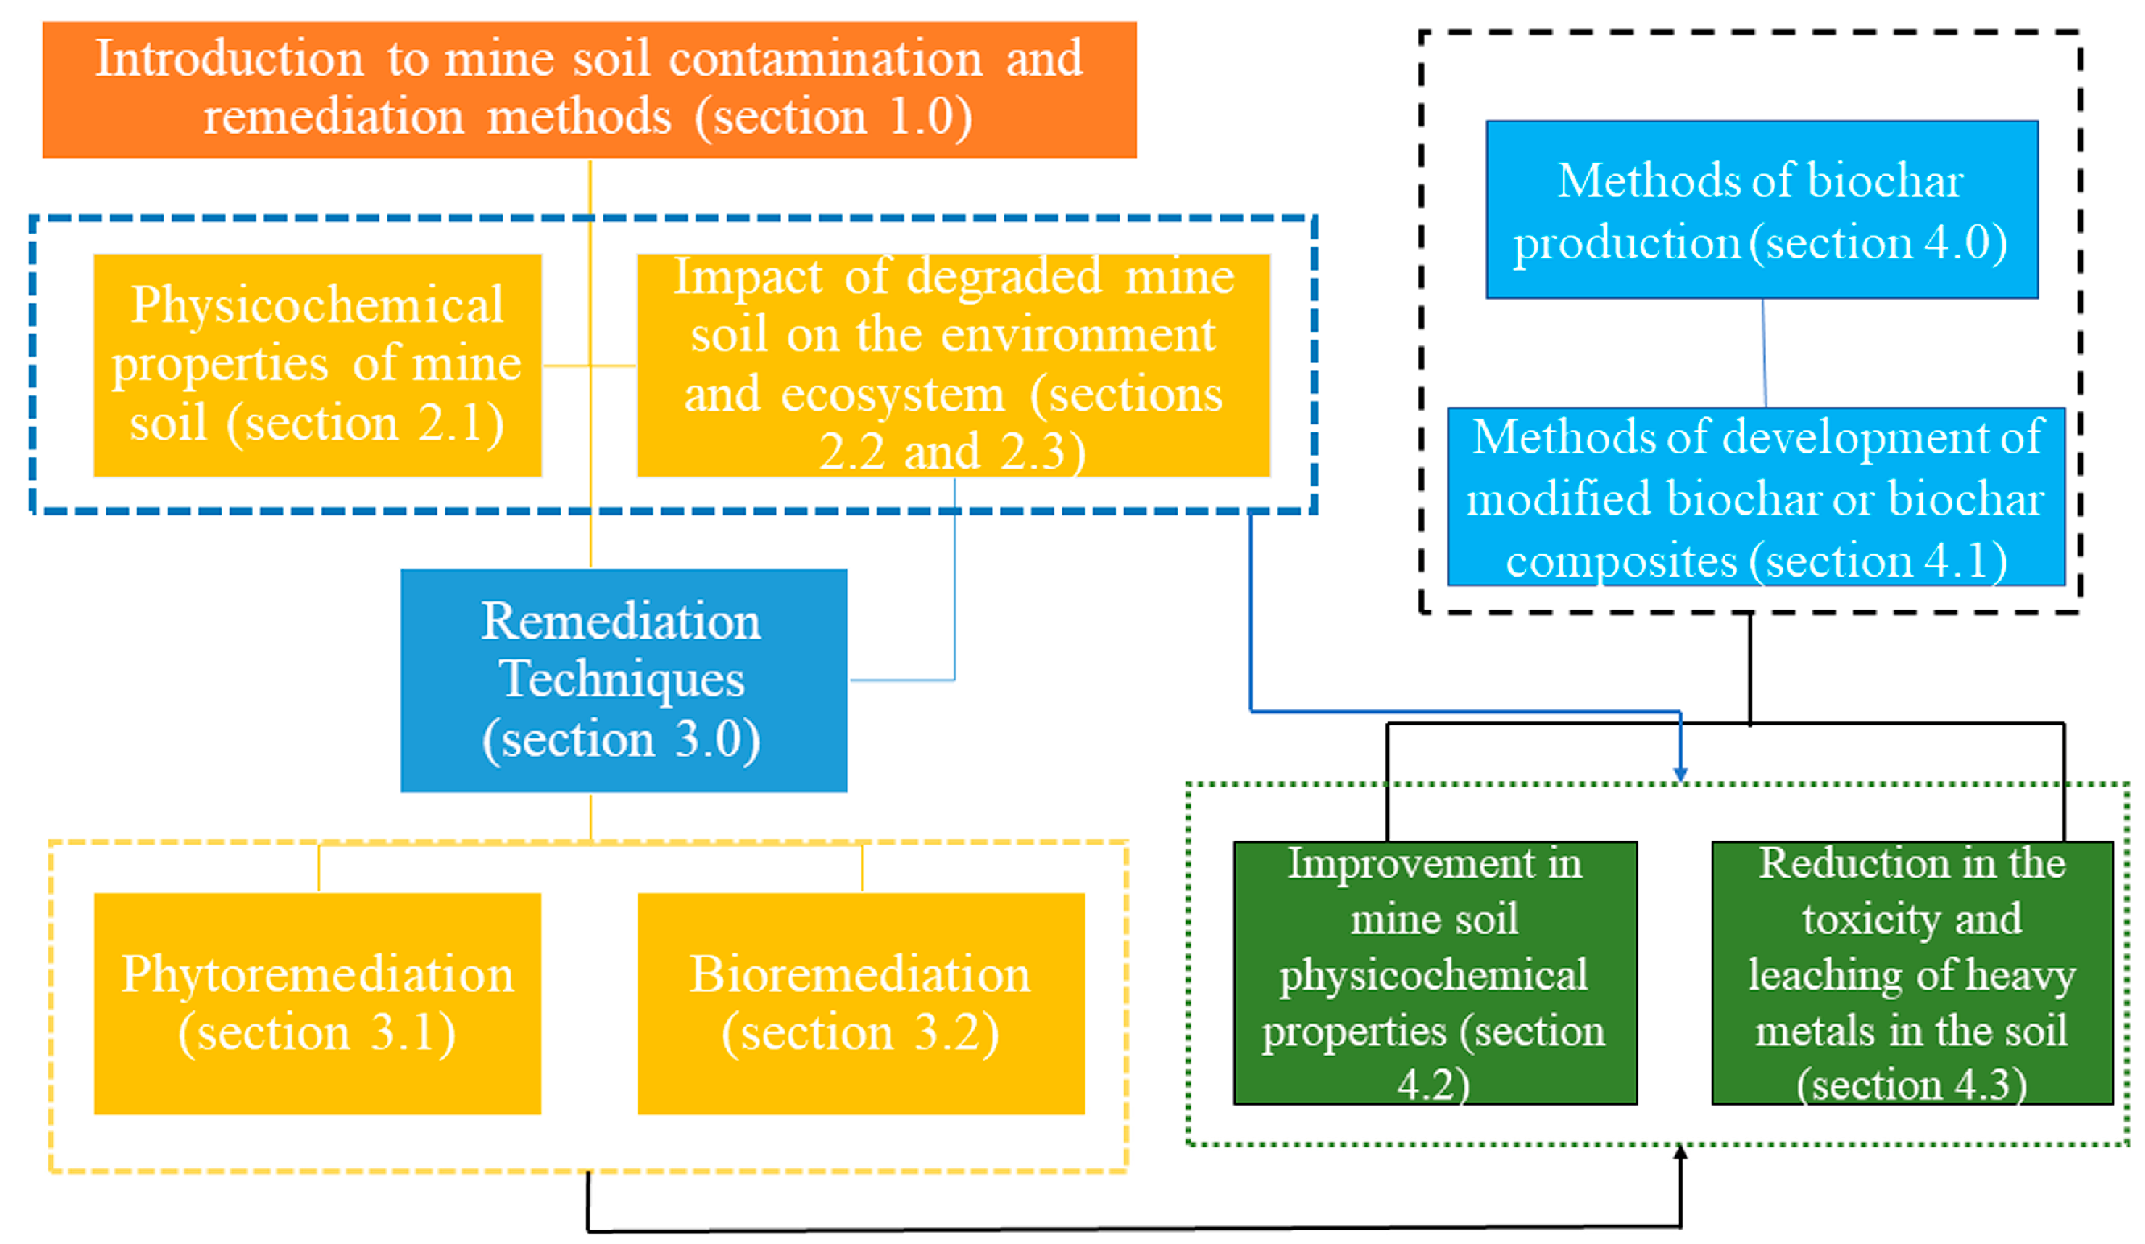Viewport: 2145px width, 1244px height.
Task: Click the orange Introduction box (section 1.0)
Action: [x=589, y=89]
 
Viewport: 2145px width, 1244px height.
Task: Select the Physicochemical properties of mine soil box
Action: [x=317, y=365]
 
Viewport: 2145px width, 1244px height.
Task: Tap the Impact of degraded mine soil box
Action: [x=954, y=365]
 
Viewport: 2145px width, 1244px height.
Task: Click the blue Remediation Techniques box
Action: [x=623, y=680]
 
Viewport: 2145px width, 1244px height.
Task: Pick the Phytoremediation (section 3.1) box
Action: [x=317, y=1003]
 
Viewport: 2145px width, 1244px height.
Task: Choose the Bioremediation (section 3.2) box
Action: [x=860, y=1003]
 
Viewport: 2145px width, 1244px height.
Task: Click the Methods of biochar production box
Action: [x=1761, y=209]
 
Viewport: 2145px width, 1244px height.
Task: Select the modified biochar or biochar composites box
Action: [x=1755, y=497]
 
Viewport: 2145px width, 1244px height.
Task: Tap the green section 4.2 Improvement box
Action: [x=1435, y=973]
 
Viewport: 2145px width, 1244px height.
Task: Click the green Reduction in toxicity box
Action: [x=1911, y=973]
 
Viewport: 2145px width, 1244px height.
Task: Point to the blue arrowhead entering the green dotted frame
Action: [x=1680, y=774]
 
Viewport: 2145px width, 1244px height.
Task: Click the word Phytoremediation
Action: [x=317, y=973]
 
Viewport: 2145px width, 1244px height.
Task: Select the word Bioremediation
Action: [x=859, y=973]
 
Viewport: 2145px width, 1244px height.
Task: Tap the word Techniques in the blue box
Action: [x=621, y=679]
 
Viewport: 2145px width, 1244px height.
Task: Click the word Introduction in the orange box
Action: [x=229, y=59]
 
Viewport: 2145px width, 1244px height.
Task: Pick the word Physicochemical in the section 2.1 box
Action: [x=317, y=304]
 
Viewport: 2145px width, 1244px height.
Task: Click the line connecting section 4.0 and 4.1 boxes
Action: [x=1764, y=353]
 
